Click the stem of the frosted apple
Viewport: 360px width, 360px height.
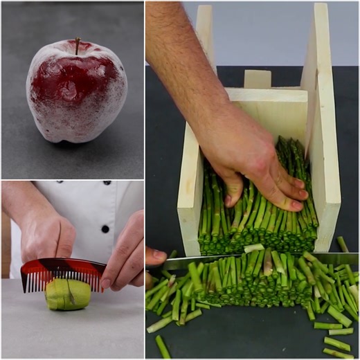pyautogui.click(x=78, y=45)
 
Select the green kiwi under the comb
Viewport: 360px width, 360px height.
pyautogui.click(x=68, y=296)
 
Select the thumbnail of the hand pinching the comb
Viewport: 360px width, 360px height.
pyautogui.click(x=106, y=283)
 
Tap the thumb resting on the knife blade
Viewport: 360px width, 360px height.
pyautogui.click(x=156, y=255)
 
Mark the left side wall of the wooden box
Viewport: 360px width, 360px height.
pyautogui.click(x=189, y=180)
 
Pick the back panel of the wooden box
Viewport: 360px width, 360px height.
pyautogui.click(x=270, y=111)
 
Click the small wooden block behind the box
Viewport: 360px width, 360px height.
pyautogui.click(x=258, y=78)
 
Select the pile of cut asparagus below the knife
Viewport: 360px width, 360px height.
pyautogui.click(x=263, y=291)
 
